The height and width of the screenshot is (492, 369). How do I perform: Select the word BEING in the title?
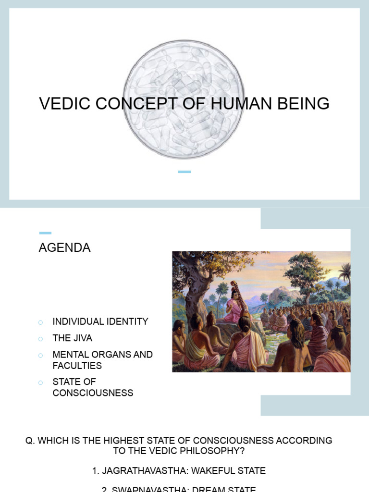pyautogui.click(x=307, y=104)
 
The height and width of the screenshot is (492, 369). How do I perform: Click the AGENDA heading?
pyautogui.click(x=64, y=248)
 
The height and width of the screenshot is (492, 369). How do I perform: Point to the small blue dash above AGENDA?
pyautogui.click(x=45, y=233)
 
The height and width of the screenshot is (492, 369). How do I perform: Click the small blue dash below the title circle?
pyautogui.click(x=184, y=172)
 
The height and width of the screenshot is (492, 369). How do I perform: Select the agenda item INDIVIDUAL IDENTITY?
pyautogui.click(x=100, y=322)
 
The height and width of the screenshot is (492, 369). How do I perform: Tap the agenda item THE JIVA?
pyautogui.click(x=73, y=338)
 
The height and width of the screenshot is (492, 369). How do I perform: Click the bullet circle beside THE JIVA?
pyautogui.click(x=41, y=339)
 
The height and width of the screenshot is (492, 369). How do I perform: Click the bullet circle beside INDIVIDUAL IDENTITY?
pyautogui.click(x=41, y=322)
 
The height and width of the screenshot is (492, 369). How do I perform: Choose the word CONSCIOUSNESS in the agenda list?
pyautogui.click(x=93, y=393)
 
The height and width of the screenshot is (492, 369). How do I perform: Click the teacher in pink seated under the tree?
pyautogui.click(x=234, y=305)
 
